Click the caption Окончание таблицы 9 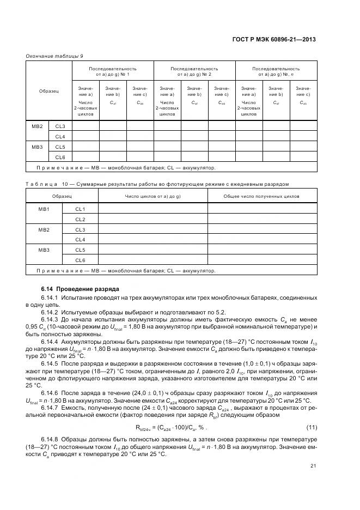(54, 56)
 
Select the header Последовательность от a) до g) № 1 (113, 72)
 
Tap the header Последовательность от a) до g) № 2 (194, 72)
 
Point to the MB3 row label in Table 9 (38, 147)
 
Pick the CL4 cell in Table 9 (60, 136)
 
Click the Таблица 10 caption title (157, 184)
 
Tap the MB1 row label (44, 209)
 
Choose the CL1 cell (80, 209)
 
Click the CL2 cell (80, 220)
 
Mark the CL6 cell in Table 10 (80, 260)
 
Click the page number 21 (313, 466)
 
